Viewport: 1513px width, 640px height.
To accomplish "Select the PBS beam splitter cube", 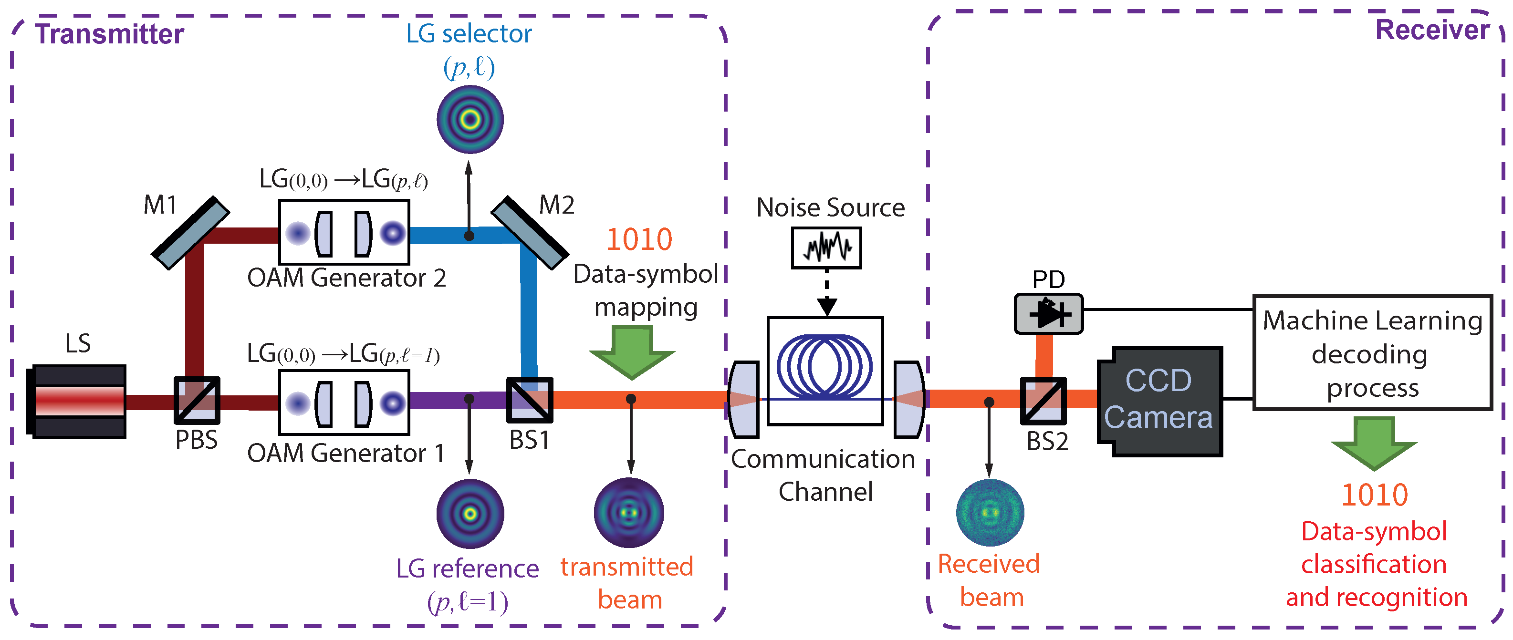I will coord(197,401).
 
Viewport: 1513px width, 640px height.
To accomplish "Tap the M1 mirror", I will coord(190,233).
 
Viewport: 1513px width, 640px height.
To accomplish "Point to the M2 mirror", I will coord(529,233).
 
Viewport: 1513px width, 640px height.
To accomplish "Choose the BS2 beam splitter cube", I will coord(1043,401).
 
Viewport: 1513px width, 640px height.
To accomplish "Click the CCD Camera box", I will coord(1159,402).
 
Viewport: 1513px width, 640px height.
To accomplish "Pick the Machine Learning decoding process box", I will coord(1372,353).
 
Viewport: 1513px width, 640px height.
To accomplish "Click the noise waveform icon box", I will coord(826,248).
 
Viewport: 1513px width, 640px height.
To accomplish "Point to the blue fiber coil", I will coord(824,365).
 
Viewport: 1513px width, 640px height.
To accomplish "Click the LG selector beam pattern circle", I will coord(470,120).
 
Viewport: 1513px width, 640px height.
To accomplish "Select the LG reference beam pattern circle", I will coord(470,514).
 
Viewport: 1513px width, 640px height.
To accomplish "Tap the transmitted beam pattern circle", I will coord(628,513).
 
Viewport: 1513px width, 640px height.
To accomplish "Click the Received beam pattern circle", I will coord(990,513).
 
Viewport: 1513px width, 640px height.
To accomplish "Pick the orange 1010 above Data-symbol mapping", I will coord(638,239).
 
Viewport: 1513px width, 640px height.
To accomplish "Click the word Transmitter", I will coord(109,34).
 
